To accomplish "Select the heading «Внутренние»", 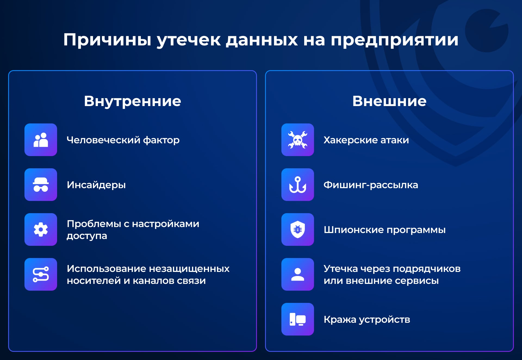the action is tap(132, 101).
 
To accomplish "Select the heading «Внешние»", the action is tap(389, 101).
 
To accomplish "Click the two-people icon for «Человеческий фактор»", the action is tap(41, 140).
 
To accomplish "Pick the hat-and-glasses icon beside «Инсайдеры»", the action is tap(41, 185).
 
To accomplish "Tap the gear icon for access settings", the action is tap(41, 229).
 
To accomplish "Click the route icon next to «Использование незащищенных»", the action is tap(41, 274).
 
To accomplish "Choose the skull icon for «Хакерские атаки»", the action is tap(298, 140).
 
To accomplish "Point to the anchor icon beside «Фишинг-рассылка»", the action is tap(298, 185).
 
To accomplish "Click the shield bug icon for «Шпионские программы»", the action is tap(298, 229).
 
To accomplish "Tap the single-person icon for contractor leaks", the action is tap(298, 274).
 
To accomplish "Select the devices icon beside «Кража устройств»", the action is tap(298, 319).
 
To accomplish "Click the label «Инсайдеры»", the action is tap(96, 185).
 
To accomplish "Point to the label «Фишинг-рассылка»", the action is tap(371, 185).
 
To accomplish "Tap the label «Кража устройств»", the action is tap(367, 320).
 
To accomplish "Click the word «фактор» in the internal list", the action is tap(161, 140).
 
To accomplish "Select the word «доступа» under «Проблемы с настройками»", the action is tap(87, 236).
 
